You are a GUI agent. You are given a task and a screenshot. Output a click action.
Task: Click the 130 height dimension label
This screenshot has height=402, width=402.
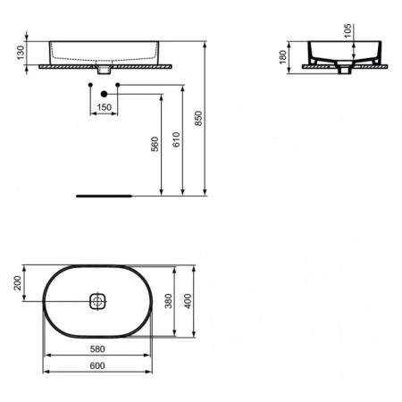point(21,53)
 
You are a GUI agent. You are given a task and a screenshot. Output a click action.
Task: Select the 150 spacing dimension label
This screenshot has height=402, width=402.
point(105,107)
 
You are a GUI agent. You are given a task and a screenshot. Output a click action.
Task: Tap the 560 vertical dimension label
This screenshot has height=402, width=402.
point(155,144)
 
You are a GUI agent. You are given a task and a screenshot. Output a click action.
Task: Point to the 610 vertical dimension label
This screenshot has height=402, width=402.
point(176,139)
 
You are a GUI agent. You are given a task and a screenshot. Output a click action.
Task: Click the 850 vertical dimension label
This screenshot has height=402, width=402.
point(198,118)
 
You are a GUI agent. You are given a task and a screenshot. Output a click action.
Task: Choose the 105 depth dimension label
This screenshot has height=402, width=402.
point(348,31)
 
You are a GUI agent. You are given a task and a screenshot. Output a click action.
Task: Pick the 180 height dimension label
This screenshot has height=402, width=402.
point(283,57)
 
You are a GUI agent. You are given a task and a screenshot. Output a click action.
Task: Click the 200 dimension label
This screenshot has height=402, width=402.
point(18,283)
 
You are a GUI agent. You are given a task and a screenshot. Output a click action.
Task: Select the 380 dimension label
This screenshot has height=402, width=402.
point(169,301)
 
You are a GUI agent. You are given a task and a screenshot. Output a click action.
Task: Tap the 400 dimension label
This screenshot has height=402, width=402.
point(188,301)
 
